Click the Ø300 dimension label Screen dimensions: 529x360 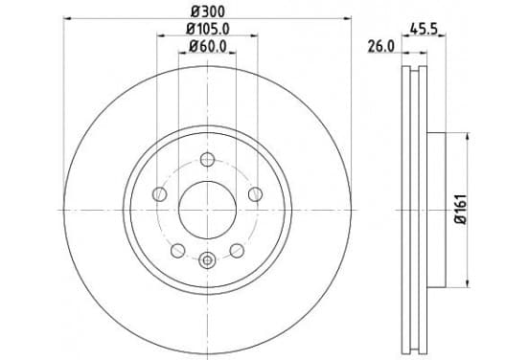click(208, 11)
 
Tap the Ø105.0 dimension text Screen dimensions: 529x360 click(208, 30)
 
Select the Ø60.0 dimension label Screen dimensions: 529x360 click(208, 47)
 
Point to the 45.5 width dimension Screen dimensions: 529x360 click(424, 30)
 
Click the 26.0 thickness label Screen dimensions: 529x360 click(380, 47)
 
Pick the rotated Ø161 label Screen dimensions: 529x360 click(461, 210)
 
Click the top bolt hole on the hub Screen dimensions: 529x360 click(207, 160)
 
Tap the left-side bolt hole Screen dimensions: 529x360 click(160, 194)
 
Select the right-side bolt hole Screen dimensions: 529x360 click(255, 194)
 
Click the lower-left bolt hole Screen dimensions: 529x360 click(178, 251)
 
